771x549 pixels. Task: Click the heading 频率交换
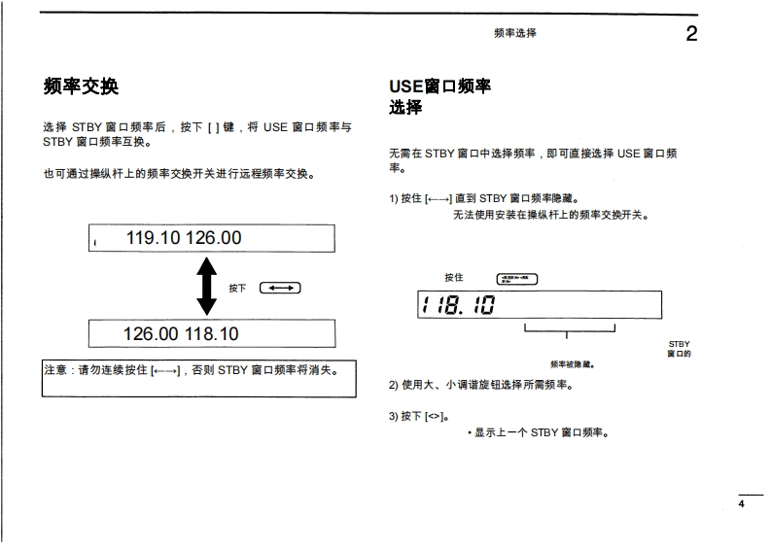81,86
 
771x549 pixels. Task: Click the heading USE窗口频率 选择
439,96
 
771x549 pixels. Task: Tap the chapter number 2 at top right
691,34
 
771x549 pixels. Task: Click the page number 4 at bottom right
741,503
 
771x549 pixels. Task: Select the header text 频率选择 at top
514,33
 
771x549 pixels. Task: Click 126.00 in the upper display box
214,238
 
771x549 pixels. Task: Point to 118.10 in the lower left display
212,334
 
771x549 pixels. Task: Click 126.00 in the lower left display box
152,334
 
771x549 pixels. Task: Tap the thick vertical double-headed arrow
206,287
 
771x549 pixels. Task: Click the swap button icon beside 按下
280,288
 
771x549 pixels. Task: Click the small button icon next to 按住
516,279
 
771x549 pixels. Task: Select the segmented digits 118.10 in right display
458,306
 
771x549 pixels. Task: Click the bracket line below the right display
570,329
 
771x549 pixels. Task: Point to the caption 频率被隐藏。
572,364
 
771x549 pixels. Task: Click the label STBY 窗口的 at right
679,349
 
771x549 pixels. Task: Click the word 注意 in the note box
54,370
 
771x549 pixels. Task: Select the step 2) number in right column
394,386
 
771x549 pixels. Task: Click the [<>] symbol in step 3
434,416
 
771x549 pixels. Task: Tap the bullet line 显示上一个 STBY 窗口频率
541,432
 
